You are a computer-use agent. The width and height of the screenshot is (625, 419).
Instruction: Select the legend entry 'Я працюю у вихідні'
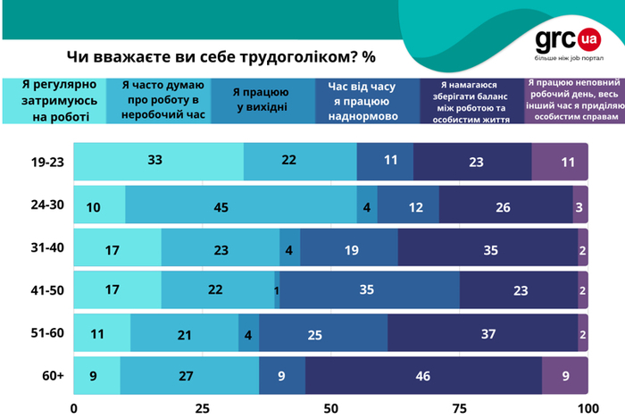coord(262,99)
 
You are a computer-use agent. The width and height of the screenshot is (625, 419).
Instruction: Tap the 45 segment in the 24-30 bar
coord(241,205)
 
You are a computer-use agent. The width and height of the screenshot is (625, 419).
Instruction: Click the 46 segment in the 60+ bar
coord(423,375)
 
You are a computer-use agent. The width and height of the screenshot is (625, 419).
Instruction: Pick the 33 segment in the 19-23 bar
coord(158,162)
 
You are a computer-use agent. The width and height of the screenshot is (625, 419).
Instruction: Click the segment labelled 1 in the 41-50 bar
coord(277,290)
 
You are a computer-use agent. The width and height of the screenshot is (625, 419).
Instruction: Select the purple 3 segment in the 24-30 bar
coord(580,205)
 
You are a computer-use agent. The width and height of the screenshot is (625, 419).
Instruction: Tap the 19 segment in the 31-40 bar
coord(349,247)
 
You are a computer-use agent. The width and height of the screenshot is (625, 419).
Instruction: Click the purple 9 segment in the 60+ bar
coord(565,375)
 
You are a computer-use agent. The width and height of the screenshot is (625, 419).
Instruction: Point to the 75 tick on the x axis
coord(460,407)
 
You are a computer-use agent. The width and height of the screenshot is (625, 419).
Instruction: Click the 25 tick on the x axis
coord(202,407)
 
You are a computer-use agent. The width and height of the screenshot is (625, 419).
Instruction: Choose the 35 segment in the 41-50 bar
coord(370,290)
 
